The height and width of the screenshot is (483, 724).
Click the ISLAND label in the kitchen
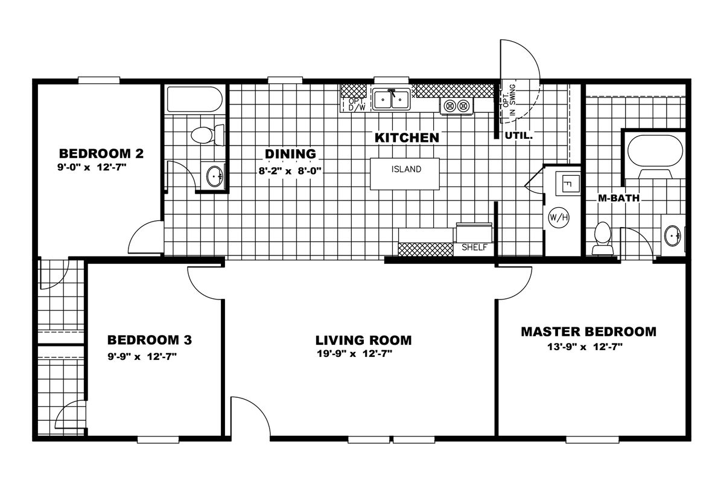point(406,169)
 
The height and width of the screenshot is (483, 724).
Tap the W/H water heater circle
point(559,217)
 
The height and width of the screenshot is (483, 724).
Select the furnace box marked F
point(568,184)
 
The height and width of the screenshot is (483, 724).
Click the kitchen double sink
point(391,99)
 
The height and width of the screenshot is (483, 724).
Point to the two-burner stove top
point(456,106)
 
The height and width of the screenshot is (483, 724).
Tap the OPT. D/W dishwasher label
point(357,104)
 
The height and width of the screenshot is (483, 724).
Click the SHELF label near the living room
point(474,248)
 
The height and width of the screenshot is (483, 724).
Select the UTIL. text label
point(518,136)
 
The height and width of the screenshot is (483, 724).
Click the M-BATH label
point(618,198)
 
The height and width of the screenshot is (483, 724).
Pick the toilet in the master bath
point(603,238)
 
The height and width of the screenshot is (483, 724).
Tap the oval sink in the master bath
point(673,235)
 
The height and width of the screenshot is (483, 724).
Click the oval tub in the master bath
point(655,151)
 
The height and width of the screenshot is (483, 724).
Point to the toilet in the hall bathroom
point(208,135)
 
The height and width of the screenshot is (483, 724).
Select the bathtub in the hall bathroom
point(194,99)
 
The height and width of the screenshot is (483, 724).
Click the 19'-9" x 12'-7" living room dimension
point(355,354)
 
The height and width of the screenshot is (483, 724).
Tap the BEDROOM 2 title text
point(101,153)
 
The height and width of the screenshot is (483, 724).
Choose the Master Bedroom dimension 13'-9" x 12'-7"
point(585,347)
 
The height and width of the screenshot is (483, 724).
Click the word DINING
point(291,154)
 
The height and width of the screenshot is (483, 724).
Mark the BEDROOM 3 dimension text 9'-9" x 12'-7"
point(142,356)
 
